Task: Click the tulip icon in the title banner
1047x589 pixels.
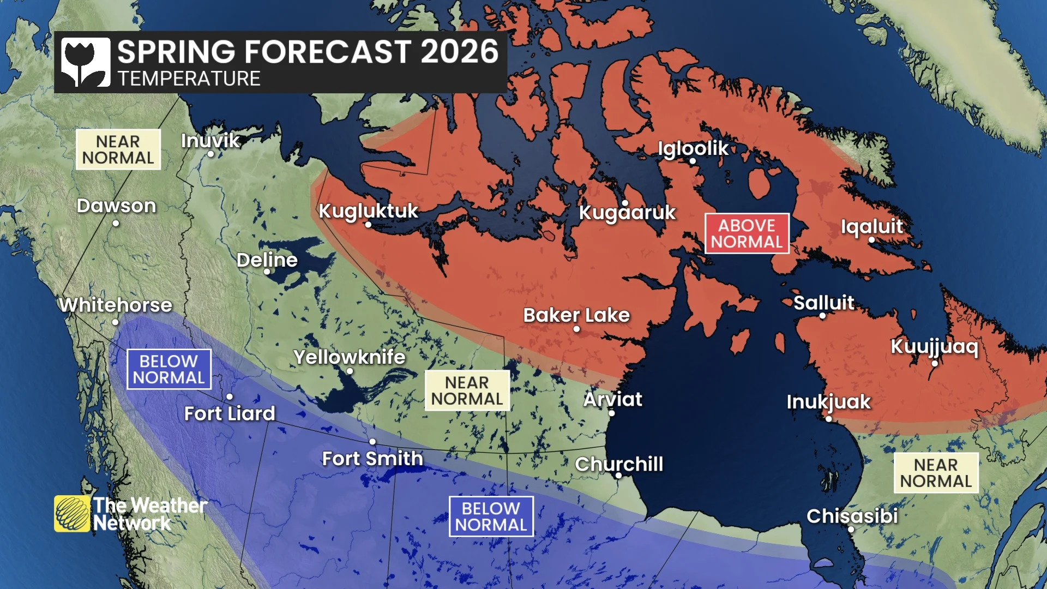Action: click(x=85, y=62)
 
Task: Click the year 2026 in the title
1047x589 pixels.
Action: click(x=459, y=52)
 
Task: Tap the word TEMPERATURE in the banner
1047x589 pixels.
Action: click(x=189, y=79)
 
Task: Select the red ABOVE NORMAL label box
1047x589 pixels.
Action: click(x=747, y=233)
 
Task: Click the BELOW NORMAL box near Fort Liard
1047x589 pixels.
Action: click(x=169, y=369)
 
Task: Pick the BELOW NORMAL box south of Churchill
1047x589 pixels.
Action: click(x=491, y=516)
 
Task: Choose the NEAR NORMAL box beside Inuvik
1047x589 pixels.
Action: click(x=118, y=149)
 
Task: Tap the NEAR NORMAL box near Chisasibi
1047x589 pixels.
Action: click(x=936, y=473)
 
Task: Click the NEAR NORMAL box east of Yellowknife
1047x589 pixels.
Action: click(x=467, y=390)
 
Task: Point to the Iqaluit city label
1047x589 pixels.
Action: click(x=871, y=226)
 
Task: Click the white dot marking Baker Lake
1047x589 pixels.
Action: click(x=576, y=329)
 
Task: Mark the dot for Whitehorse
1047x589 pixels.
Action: click(x=115, y=322)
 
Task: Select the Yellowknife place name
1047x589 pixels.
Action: click(x=349, y=357)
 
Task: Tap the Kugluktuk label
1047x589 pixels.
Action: click(x=368, y=211)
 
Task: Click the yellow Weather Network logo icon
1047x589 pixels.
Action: click(x=71, y=513)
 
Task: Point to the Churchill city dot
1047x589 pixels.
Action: click(x=618, y=476)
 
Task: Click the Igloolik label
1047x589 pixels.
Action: click(x=693, y=148)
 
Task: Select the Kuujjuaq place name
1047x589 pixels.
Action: click(x=934, y=347)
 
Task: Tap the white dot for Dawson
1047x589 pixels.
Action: click(x=116, y=223)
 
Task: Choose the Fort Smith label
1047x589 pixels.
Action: click(x=372, y=459)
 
